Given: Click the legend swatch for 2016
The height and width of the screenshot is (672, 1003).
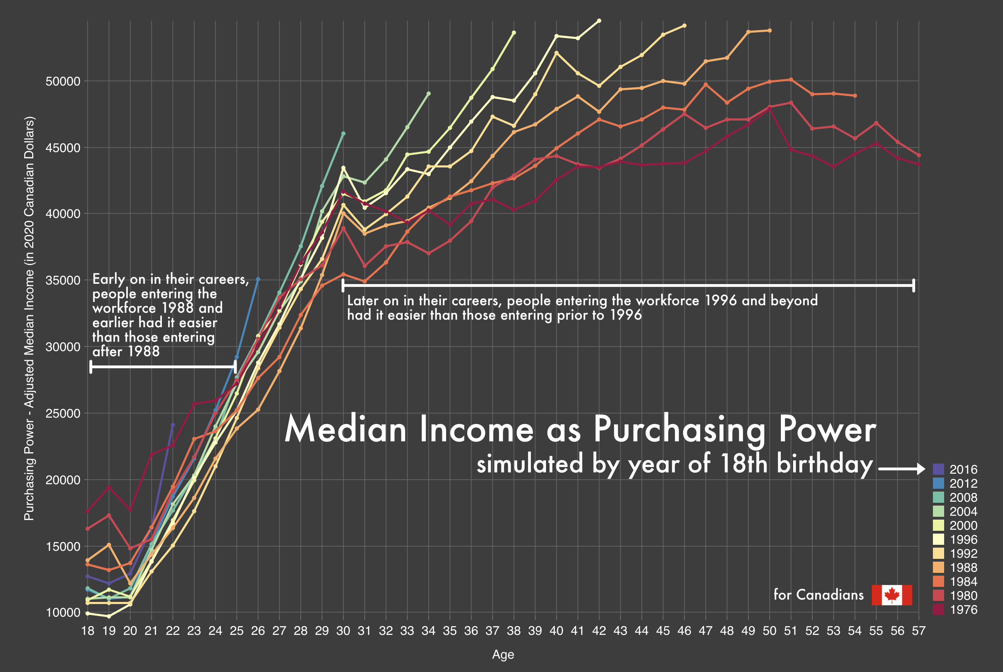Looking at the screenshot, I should pyautogui.click(x=938, y=469).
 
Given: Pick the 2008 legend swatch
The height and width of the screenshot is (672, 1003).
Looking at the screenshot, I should pyautogui.click(x=938, y=497).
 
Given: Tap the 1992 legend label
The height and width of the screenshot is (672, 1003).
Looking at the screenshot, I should pyautogui.click(x=963, y=553).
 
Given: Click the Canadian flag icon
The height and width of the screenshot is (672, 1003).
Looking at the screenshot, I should pyautogui.click(x=892, y=595).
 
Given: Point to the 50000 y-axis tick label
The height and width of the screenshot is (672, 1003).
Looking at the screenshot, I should pyautogui.click(x=63, y=81).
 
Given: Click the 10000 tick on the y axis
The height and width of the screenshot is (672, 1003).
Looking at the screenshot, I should pyautogui.click(x=63, y=612).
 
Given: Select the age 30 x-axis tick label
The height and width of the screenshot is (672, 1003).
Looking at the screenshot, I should pyautogui.click(x=343, y=631).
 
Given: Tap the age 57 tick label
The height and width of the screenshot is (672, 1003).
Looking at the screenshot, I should pyautogui.click(x=919, y=631).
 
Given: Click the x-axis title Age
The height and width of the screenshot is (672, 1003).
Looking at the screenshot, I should pyautogui.click(x=503, y=654).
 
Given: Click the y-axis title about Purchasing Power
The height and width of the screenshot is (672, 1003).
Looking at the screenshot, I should pyautogui.click(x=29, y=319).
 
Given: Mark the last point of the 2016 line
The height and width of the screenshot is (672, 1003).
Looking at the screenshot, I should pyautogui.click(x=173, y=425).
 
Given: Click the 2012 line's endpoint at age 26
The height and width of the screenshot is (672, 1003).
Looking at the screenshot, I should pyautogui.click(x=258, y=280).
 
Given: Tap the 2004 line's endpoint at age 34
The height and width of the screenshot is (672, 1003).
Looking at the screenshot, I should pyautogui.click(x=429, y=94).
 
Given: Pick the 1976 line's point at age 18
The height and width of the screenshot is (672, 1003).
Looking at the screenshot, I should pyautogui.click(x=88, y=511).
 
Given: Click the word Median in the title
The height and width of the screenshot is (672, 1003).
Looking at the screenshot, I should pyautogui.click(x=345, y=430).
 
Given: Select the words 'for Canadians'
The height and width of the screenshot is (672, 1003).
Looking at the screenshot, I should pyautogui.click(x=818, y=595).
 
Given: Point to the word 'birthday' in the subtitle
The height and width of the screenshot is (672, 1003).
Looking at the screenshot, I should pyautogui.click(x=825, y=464).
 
